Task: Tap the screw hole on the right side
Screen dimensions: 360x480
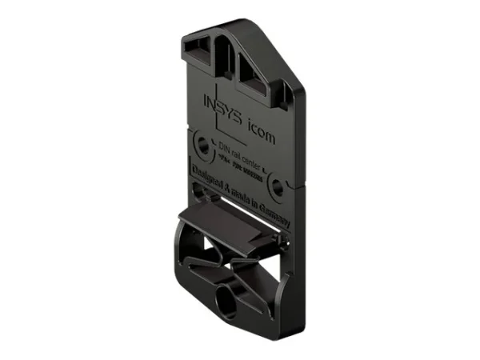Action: coord(277,187)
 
